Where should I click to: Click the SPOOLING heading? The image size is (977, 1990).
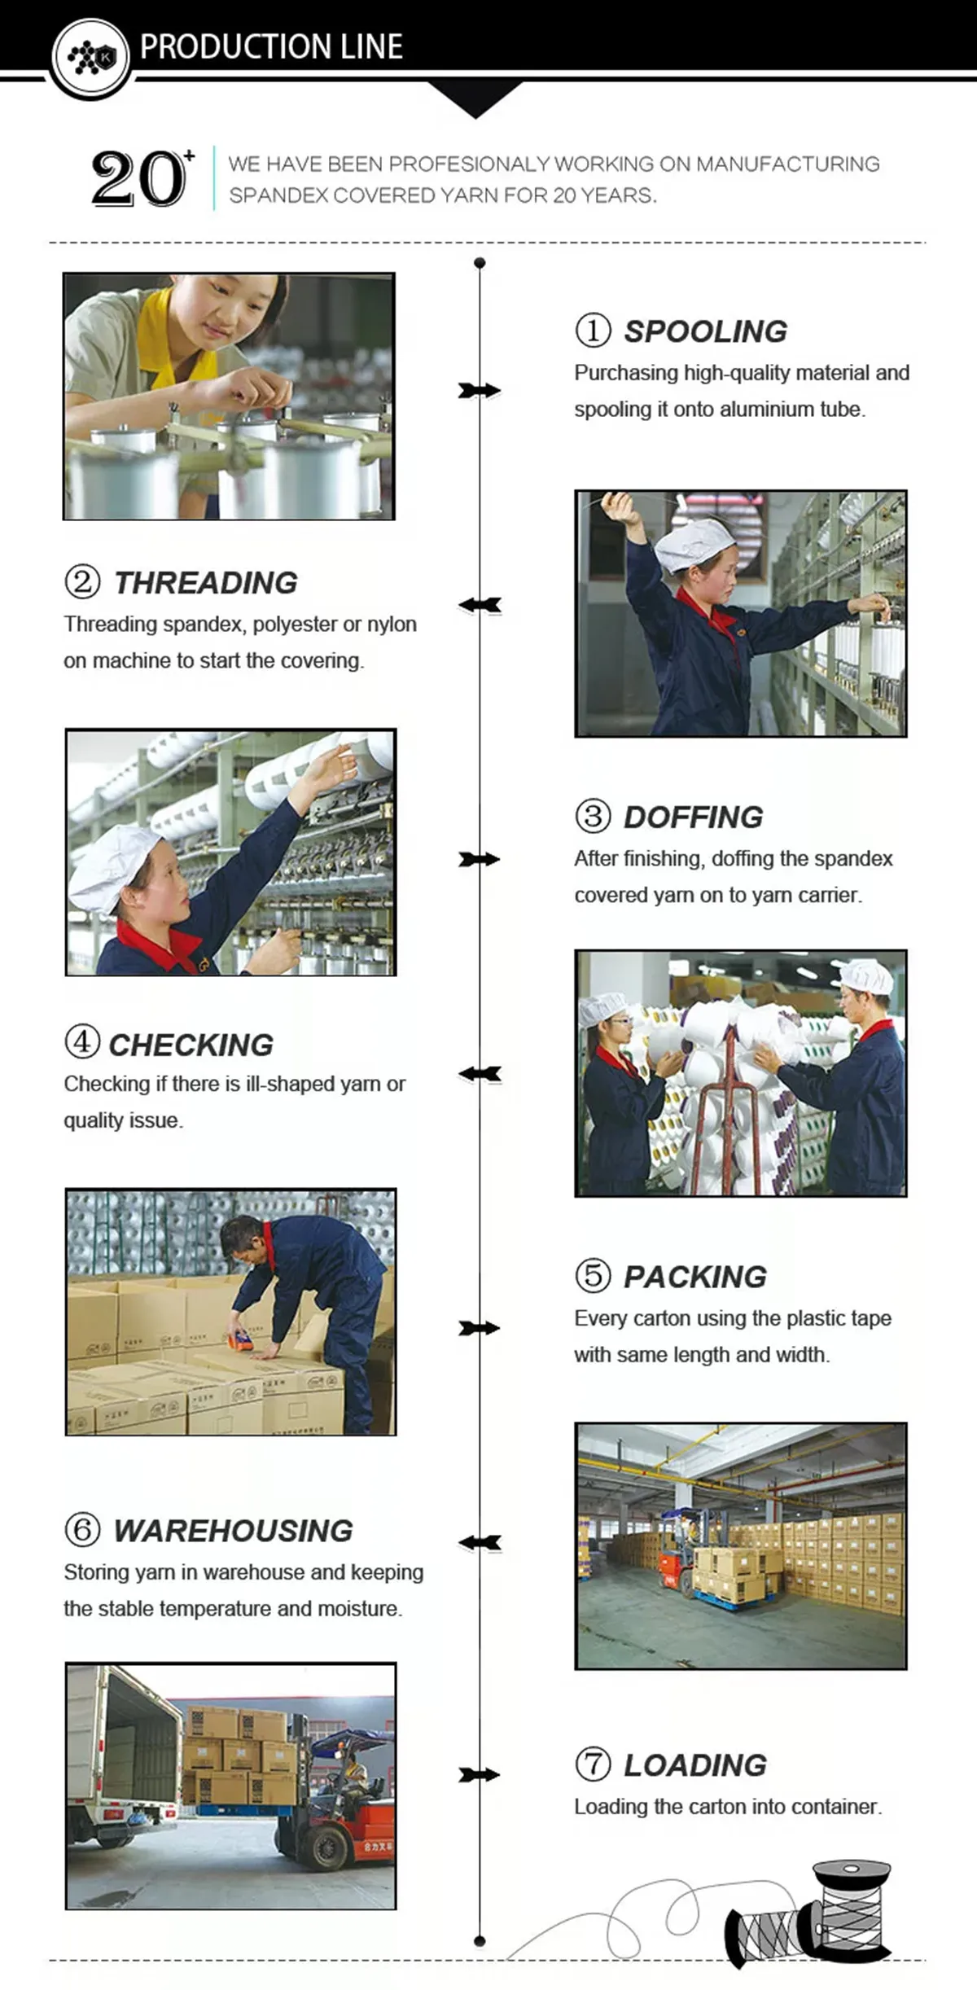tap(705, 331)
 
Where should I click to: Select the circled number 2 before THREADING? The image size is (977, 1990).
tap(82, 582)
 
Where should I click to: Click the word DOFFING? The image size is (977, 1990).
tap(694, 817)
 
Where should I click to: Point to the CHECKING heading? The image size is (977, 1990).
tap(191, 1045)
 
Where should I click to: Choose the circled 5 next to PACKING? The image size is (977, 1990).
tap(593, 1275)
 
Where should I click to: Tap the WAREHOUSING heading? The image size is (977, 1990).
tap(233, 1531)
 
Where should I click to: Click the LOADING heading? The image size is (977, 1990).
tap(695, 1764)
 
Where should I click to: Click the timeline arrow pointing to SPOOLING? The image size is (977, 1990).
tap(480, 391)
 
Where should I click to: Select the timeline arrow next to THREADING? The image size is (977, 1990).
tap(480, 605)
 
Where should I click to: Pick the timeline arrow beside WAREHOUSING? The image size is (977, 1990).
tap(480, 1542)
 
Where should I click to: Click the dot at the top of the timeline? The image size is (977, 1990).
tap(480, 263)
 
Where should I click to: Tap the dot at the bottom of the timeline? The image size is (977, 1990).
tap(480, 1941)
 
